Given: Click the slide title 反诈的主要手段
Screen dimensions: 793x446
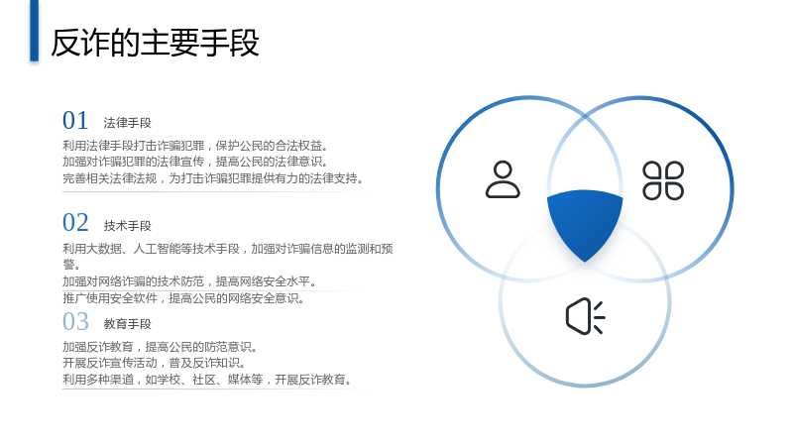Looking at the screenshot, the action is click(155, 43).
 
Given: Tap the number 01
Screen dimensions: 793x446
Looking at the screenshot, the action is click(75, 120).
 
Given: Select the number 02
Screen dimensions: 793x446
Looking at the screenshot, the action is click(75, 222).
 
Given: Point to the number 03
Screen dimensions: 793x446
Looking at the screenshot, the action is click(75, 321).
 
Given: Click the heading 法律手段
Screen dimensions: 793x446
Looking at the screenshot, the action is click(128, 123).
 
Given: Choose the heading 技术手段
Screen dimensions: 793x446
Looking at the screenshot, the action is click(128, 226).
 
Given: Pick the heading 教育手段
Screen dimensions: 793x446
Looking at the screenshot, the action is click(128, 324).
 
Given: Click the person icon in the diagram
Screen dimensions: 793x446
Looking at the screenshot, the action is click(503, 179).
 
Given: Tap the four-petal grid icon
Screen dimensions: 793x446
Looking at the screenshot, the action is click(663, 180).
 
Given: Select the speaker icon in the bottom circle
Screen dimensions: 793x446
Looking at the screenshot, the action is click(585, 316).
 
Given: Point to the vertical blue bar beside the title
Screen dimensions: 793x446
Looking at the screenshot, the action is click(34, 31).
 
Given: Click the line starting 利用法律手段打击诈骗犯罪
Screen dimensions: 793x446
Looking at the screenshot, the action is click(195, 146).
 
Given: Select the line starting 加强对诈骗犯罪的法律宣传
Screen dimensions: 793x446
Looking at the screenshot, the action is click(195, 162).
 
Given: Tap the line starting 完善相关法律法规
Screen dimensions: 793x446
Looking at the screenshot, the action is click(213, 178).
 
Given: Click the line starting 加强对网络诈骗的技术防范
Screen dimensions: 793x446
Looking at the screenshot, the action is click(189, 281).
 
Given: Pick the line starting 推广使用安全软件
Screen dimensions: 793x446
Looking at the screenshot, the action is click(183, 298).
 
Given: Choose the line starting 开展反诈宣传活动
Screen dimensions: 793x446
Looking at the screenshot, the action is click(155, 363).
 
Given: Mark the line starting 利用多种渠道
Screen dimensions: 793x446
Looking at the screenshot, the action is click(207, 380).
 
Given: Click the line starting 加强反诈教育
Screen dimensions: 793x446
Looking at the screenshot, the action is click(161, 347).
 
